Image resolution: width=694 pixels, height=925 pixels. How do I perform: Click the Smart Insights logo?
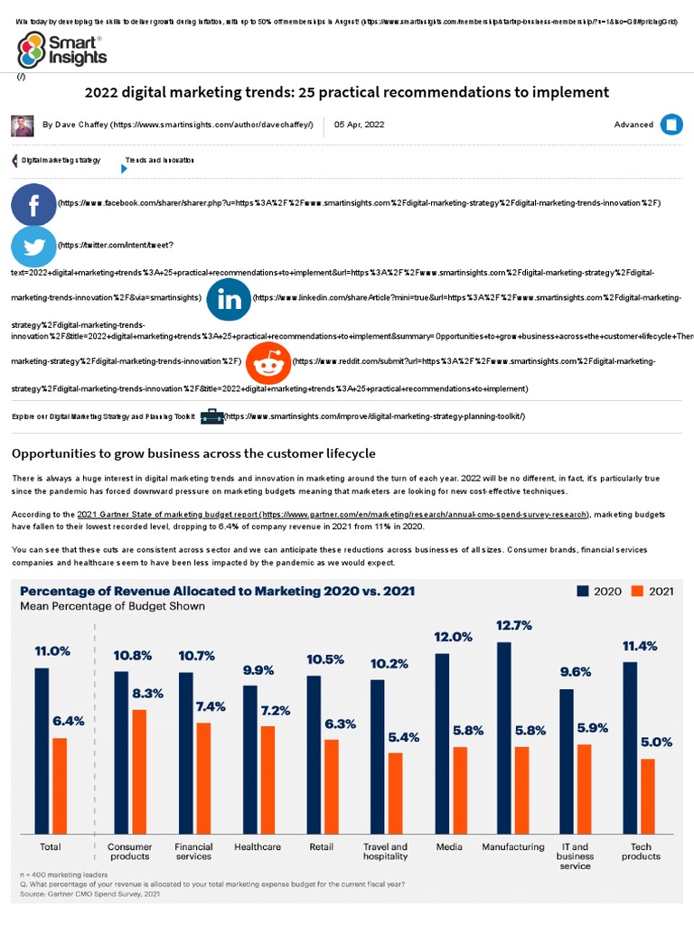point(61,51)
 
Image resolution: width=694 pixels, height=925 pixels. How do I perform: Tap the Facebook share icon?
point(33,204)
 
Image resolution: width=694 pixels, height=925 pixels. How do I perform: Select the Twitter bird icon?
point(33,246)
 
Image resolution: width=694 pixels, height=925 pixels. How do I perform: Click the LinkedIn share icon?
point(229,298)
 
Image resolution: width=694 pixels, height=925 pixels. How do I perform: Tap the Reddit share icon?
point(268,362)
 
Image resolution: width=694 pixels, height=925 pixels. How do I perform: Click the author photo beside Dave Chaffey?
point(23,126)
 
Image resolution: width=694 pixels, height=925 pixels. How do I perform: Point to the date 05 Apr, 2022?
point(359,126)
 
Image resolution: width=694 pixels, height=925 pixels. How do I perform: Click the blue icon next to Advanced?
point(671,126)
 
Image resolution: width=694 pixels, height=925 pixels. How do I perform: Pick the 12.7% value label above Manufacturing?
point(513,625)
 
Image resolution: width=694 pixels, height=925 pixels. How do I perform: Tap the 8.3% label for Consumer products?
point(147,694)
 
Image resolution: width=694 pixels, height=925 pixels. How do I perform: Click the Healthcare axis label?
point(258,847)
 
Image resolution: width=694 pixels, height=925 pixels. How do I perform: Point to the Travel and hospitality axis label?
point(386,852)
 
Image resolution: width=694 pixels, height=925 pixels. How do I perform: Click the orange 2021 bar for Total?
point(60,785)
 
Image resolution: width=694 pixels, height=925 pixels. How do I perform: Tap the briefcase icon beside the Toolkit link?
point(211,416)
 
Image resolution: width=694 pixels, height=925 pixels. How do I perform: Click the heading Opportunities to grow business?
point(192,453)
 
